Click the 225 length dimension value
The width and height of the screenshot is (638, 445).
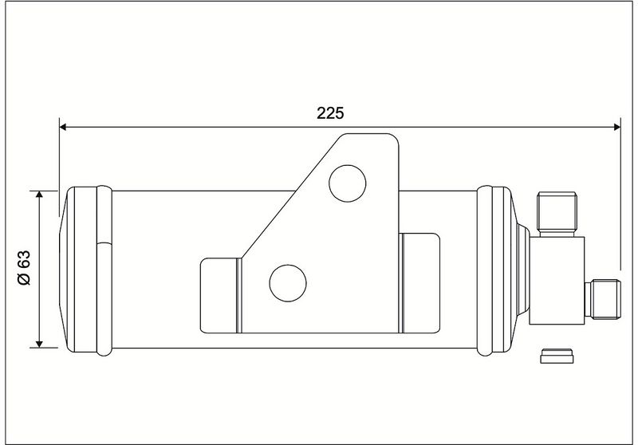(x=330, y=113)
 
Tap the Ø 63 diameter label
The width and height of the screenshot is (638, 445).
(x=25, y=268)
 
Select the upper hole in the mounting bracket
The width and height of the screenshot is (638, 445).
(x=347, y=183)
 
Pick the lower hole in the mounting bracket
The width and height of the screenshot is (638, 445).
(x=288, y=283)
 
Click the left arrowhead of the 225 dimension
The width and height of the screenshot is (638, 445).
(x=63, y=127)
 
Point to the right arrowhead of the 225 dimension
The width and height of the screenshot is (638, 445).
(x=616, y=127)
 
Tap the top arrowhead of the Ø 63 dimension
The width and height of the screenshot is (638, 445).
(x=39, y=195)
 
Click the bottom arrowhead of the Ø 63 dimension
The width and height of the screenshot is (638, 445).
(x=39, y=345)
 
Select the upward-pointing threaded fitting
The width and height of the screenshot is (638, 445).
(x=557, y=214)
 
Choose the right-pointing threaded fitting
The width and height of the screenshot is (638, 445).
(x=603, y=299)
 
